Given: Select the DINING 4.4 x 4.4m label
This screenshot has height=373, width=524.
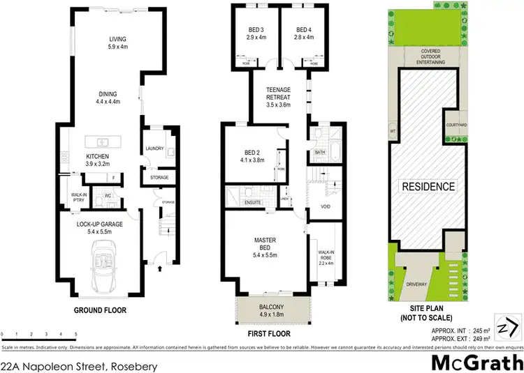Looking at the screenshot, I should point(108,98).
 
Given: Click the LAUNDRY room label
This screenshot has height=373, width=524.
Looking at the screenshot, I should point(154,149).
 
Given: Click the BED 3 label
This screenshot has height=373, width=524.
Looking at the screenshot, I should point(255,33).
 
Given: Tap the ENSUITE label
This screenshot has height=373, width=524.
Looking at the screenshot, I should point(252,202).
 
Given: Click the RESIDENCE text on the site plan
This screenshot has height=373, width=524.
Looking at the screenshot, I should point(428,186).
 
